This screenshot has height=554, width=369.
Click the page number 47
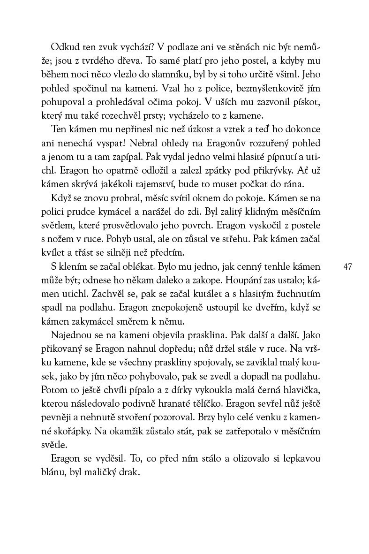348,267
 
